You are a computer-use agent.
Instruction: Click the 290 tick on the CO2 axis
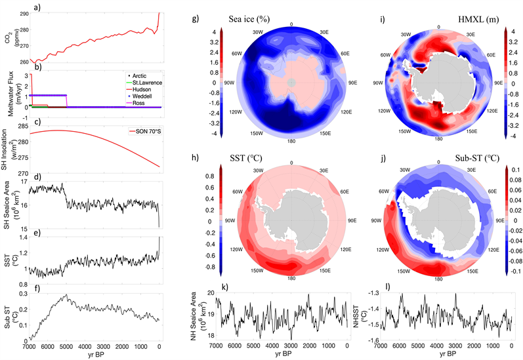point(23,13)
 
